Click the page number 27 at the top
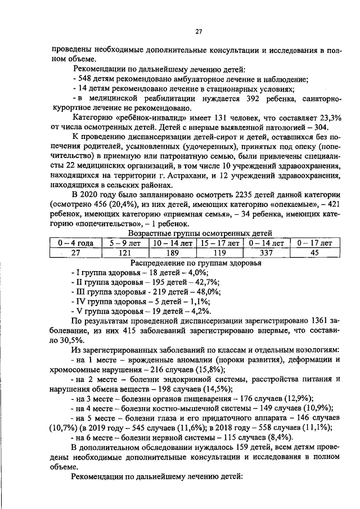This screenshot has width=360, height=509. pyautogui.click(x=199, y=31)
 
